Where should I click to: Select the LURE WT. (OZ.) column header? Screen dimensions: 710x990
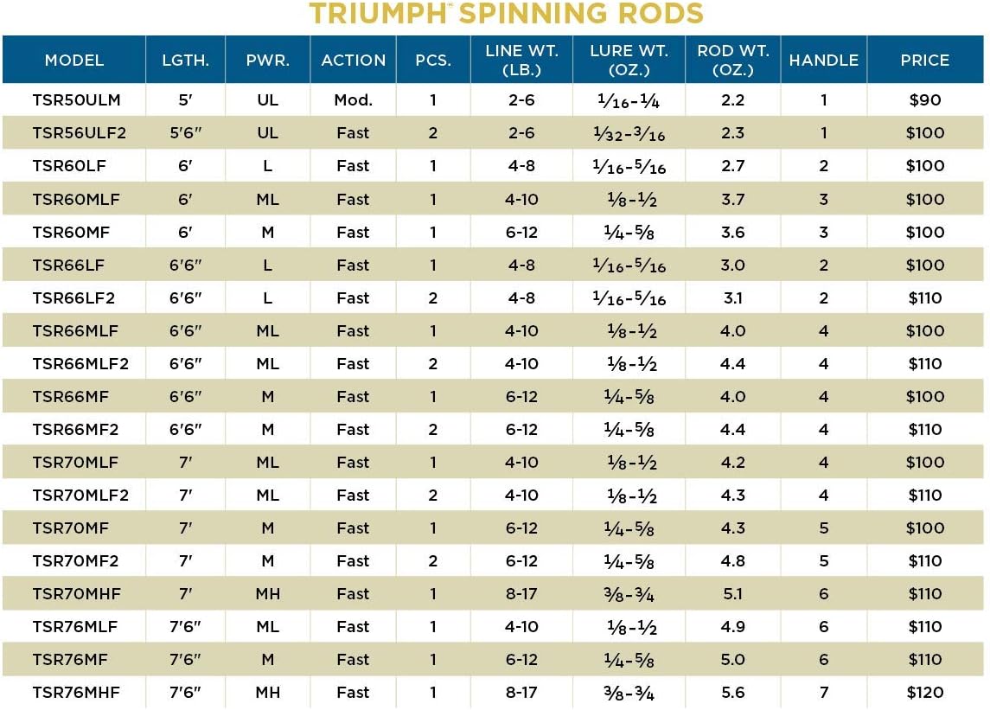tap(629, 60)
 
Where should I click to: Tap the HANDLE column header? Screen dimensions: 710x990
tap(823, 60)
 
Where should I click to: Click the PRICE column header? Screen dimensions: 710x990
tap(924, 60)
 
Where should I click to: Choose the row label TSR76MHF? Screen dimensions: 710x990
tap(75, 693)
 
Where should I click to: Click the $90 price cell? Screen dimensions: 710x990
tap(924, 100)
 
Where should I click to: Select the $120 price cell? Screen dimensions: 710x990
tap(924, 693)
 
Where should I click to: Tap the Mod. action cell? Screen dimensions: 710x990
tap(353, 100)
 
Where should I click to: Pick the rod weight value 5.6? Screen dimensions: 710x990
tap(732, 693)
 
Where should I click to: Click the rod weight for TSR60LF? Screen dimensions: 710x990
tap(732, 166)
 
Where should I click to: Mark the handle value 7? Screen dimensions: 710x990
tap(823, 693)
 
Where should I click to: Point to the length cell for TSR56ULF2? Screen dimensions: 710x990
tap(185, 133)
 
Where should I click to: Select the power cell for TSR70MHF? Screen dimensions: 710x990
tap(267, 594)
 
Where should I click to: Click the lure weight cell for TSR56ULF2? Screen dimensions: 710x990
tap(629, 133)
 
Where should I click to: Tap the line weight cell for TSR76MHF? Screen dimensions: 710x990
tap(521, 693)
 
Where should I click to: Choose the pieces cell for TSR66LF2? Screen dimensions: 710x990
tap(432, 298)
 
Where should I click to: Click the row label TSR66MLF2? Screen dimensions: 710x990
tap(80, 364)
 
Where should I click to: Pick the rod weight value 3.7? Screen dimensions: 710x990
tap(732, 200)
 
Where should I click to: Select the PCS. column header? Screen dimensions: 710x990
tap(432, 60)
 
